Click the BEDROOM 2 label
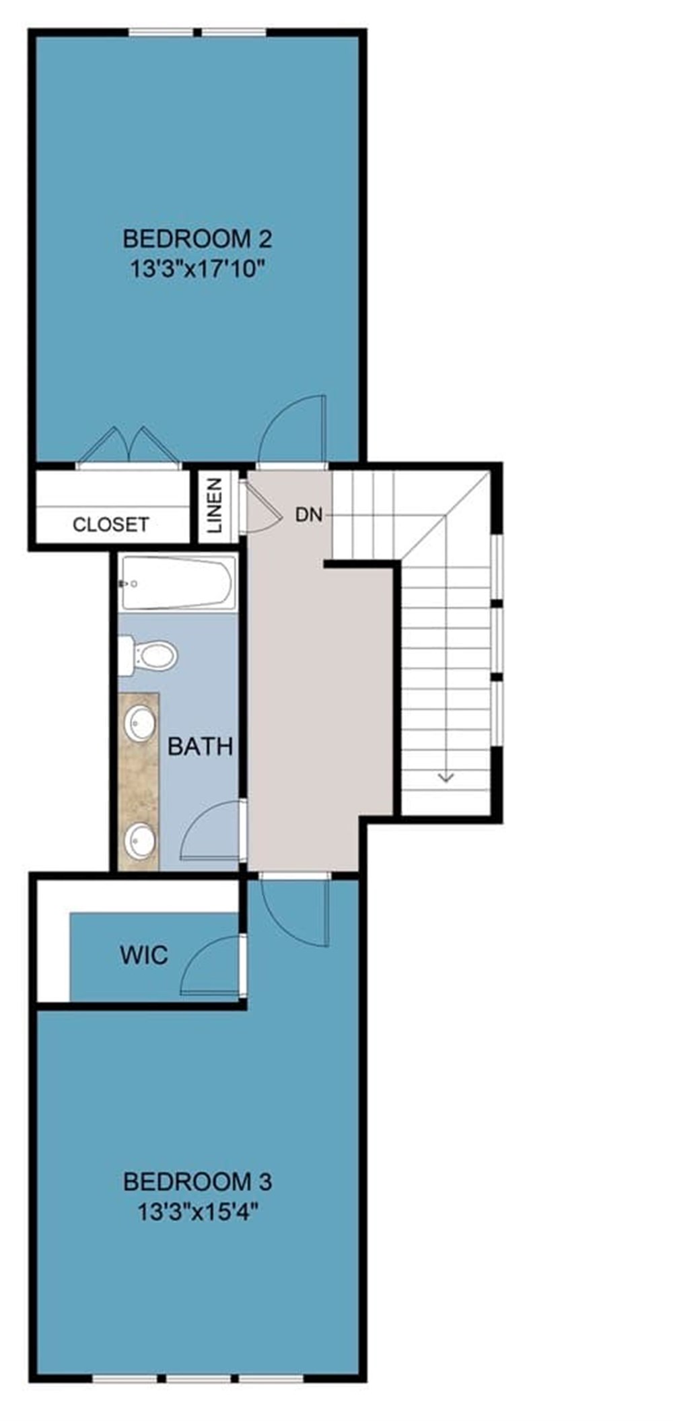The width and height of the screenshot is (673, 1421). tap(197, 238)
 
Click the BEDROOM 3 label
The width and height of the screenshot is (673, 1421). tap(197, 1181)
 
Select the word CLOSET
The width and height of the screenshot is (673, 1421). tap(111, 524)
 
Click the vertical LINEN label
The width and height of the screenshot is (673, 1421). tap(214, 505)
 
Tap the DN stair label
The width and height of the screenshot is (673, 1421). tap(309, 515)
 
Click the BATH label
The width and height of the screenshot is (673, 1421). tap(200, 747)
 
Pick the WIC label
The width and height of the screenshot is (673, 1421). tap(143, 955)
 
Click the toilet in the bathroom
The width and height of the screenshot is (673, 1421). tap(149, 655)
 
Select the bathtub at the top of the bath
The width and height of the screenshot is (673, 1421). tap(178, 583)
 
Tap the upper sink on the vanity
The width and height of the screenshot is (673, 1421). tap(140, 724)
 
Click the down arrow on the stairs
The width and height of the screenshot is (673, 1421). tap(446, 777)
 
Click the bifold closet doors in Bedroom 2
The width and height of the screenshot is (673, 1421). tap(129, 447)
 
